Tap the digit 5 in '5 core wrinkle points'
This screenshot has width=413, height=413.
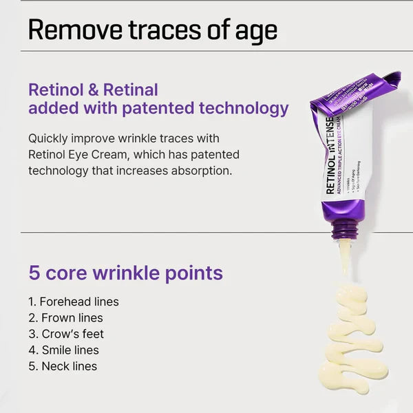pyautogui.click(x=34, y=273)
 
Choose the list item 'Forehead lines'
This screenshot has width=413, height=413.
pyautogui.click(x=78, y=301)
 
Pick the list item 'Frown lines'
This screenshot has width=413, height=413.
pyautogui.click(x=72, y=318)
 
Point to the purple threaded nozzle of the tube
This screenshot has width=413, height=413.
pyautogui.click(x=342, y=226)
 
